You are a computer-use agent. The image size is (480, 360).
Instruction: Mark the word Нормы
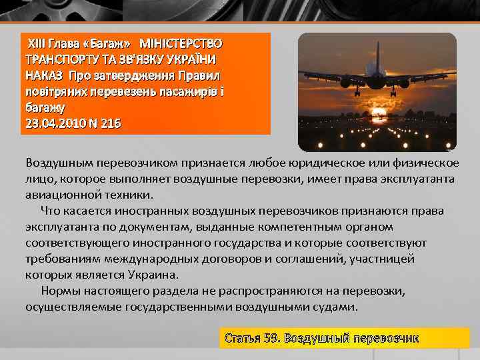59,291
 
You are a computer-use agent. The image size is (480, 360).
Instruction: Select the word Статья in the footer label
242,338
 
